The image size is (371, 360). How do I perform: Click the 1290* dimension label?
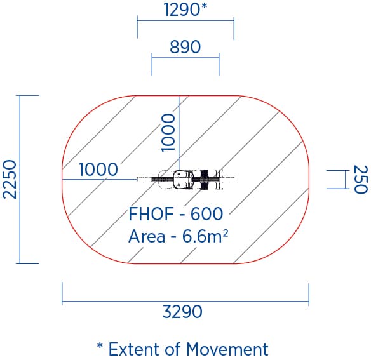click(185, 10)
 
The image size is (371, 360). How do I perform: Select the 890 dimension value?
click(185, 46)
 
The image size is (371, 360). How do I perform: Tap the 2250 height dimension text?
click(10, 179)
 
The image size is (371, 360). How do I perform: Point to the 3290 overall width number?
click(182, 312)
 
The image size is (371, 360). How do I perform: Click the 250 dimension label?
click(361, 180)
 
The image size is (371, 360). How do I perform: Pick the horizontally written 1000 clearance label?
click(98, 170)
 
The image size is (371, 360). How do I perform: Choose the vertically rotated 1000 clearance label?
click(168, 133)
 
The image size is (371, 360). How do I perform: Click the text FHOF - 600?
click(175, 214)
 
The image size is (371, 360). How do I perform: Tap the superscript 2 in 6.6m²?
click(226, 232)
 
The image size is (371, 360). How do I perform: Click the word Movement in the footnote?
click(227, 349)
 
